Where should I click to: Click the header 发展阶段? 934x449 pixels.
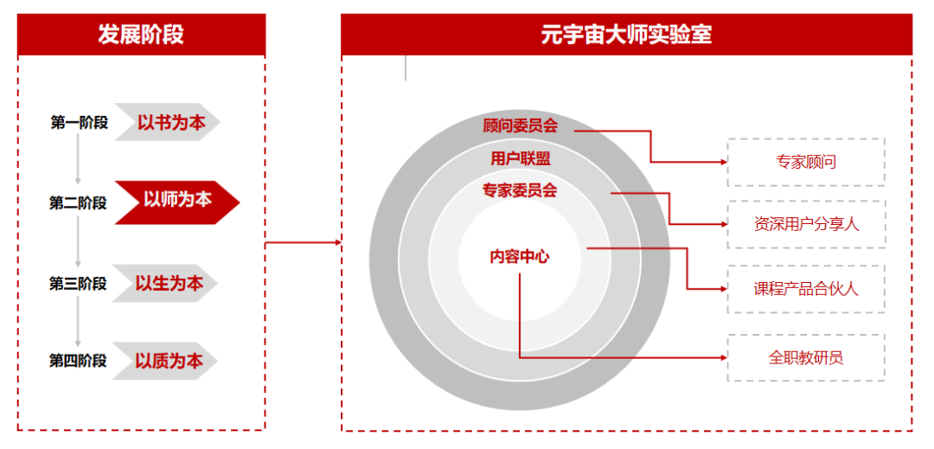coord(141,35)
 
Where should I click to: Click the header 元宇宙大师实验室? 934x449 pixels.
coord(626,35)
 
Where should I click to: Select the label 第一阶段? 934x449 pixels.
coord(79,123)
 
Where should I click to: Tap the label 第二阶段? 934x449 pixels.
coord(78,203)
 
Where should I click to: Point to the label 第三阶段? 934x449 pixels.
coord(78,284)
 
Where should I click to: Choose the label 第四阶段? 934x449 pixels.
coord(78,361)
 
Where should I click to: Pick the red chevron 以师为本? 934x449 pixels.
coord(176,201)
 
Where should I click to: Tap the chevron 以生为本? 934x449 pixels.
coord(169,283)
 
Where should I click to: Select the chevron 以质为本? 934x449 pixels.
coord(169,361)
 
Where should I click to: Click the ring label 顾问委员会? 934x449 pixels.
coord(520,126)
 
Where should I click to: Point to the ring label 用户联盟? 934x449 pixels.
coord(520,158)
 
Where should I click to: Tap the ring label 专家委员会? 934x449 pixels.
coord(520,190)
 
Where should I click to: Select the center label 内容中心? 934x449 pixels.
coord(520,256)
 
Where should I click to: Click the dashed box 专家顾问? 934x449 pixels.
coord(806,162)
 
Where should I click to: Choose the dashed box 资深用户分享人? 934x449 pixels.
coord(806,225)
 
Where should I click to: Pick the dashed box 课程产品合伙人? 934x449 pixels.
coord(806,289)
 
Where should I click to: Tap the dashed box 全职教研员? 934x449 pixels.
coord(806,357)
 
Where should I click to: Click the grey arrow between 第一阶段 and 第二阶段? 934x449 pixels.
coord(78,160)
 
